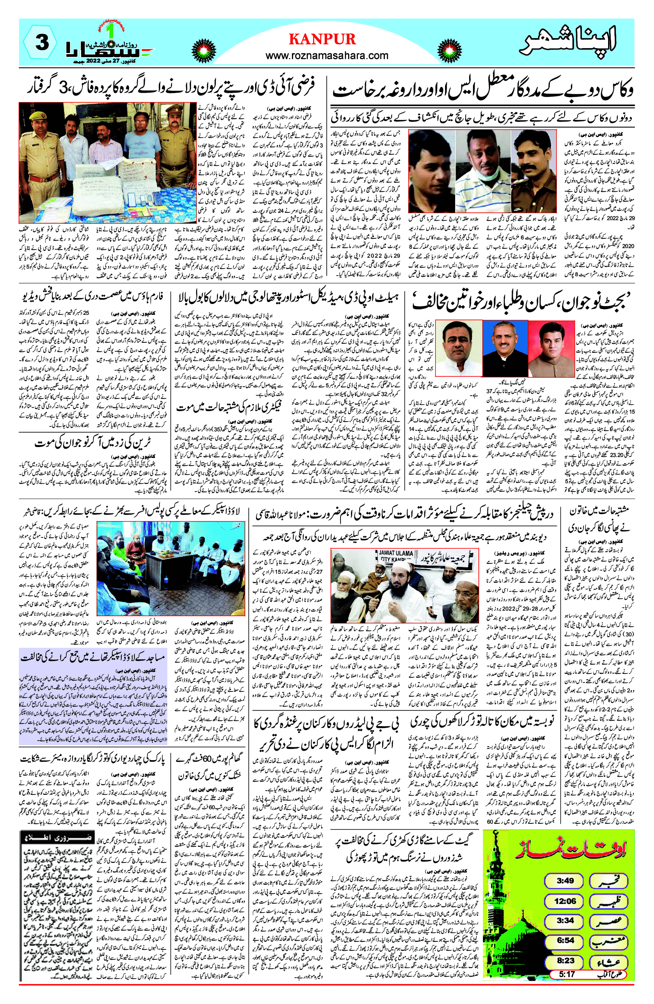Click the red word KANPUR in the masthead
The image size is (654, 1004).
(x=322, y=39)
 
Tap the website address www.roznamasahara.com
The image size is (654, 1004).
(x=327, y=55)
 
